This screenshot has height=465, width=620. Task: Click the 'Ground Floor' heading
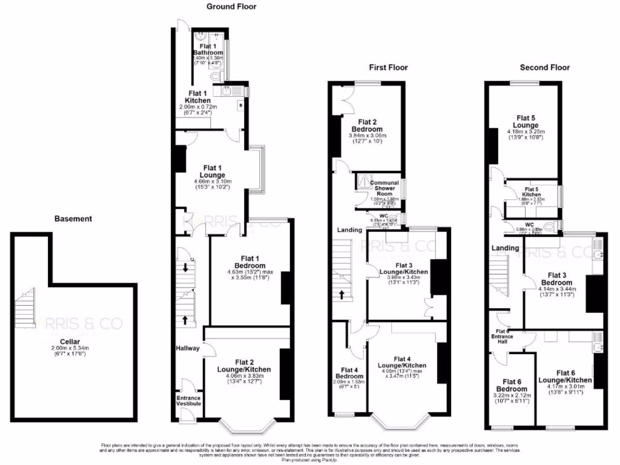click(231, 7)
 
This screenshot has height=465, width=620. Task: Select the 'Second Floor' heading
click(544, 67)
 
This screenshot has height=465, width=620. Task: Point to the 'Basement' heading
click(73, 219)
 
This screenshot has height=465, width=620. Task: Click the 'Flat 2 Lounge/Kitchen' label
click(244, 365)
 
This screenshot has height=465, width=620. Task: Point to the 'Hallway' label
click(187, 348)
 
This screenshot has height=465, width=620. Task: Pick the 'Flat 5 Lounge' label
click(526, 122)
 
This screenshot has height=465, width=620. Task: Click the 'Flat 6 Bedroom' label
click(512, 384)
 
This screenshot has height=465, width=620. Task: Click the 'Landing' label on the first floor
click(349, 229)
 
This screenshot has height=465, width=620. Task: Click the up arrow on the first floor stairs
click(342, 295)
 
